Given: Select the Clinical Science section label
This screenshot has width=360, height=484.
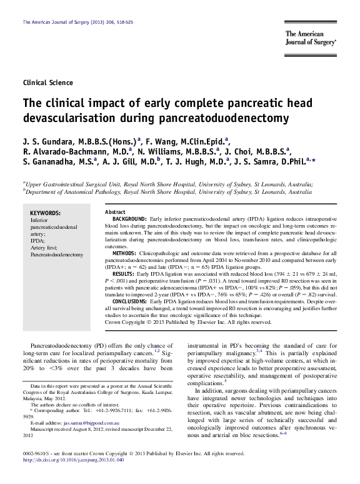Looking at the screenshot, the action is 47,83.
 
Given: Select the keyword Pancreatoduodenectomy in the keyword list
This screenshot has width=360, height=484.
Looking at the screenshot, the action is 56,255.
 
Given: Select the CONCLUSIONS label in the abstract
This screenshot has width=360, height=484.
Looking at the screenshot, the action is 130,301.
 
